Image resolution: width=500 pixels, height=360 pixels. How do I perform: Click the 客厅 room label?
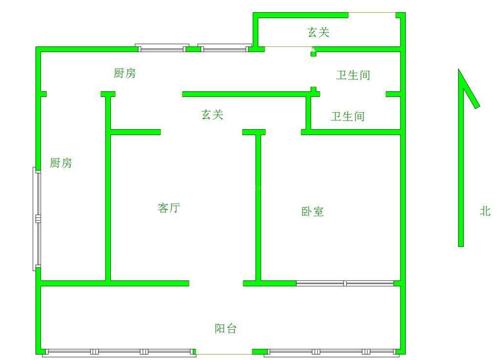[169, 208]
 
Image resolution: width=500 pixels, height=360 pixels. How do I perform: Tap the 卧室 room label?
[312, 212]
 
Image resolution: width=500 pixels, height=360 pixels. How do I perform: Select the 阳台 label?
[226, 329]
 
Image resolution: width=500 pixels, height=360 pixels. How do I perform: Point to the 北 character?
[485, 211]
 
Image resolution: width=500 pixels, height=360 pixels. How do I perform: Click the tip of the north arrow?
[459, 71]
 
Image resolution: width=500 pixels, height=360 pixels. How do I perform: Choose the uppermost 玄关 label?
[318, 33]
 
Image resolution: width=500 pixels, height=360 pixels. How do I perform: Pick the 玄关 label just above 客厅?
[212, 115]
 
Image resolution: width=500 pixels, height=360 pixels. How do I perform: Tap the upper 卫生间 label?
[353, 76]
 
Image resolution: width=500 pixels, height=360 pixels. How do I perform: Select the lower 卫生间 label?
[348, 117]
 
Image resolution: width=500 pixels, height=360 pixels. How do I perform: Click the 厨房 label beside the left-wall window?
[61, 163]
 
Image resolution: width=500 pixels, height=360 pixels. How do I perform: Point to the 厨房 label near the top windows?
[125, 74]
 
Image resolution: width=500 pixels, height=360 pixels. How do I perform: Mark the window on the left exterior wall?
[38, 219]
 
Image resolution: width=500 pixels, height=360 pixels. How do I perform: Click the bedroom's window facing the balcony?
[345, 283]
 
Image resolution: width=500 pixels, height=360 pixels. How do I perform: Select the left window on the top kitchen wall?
[162, 48]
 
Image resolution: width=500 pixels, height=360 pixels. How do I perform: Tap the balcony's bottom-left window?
[119, 352]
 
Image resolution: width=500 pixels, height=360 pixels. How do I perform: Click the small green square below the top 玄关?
[313, 53]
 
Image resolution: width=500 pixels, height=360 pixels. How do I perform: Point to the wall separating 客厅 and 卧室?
[258, 207]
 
